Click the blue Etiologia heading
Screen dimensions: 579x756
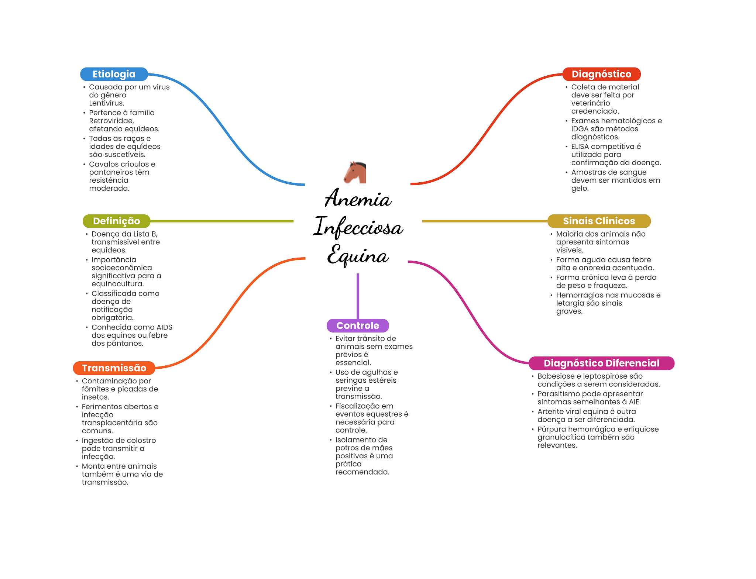(114, 74)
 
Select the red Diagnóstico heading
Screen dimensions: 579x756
(601, 74)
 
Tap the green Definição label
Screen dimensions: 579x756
(116, 221)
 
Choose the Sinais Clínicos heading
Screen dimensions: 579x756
(598, 221)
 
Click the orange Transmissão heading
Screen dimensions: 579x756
(114, 368)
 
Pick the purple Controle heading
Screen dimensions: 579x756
(357, 325)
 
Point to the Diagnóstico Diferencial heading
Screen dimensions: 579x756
(601, 363)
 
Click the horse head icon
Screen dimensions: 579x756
(355, 172)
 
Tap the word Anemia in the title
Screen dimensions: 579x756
(358, 199)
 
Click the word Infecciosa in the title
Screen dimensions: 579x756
(358, 227)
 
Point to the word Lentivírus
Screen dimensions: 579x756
(106, 103)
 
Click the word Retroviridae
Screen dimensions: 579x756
(111, 121)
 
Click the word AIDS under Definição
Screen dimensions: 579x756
(164, 327)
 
